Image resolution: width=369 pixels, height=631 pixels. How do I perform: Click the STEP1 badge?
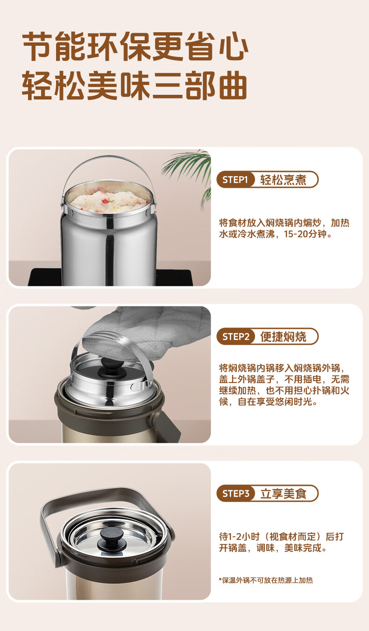click(235, 179)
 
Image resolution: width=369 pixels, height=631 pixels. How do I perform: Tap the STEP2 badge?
click(235, 336)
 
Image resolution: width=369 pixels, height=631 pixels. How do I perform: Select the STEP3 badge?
click(235, 493)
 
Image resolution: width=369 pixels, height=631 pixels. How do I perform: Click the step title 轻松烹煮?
click(283, 180)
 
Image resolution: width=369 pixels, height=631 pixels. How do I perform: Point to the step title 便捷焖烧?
click(283, 337)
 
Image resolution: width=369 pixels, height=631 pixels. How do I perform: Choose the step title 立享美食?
click(283, 494)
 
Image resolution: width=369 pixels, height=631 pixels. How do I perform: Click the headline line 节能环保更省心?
click(135, 46)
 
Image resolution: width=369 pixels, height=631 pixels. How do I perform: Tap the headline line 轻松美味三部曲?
click(135, 85)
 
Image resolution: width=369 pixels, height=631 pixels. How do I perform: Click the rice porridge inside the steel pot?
click(110, 200)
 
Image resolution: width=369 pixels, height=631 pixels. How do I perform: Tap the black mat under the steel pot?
click(110, 277)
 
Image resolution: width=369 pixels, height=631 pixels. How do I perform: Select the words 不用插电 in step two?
click(303, 379)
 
